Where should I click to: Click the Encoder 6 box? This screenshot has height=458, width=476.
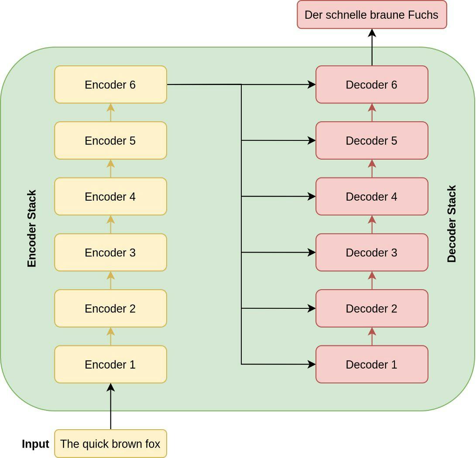[110, 85]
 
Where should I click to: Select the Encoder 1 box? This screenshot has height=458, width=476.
[110, 364]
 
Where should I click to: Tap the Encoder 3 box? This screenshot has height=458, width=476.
[110, 253]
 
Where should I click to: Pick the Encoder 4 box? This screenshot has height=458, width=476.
[110, 197]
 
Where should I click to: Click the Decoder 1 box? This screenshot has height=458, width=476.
[372, 364]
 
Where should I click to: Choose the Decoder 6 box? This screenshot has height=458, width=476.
[372, 85]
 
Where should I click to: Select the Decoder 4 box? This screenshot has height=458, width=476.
[372, 197]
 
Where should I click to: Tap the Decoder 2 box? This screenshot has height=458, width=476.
[372, 308]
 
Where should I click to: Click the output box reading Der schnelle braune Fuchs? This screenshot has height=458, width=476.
[372, 15]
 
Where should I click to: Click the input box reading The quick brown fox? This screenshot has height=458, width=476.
[110, 444]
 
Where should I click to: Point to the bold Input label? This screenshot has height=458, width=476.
[35, 444]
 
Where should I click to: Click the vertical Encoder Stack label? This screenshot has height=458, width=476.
[32, 229]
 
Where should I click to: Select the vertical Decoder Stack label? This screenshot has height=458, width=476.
[452, 224]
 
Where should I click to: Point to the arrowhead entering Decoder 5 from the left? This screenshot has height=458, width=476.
[312, 140]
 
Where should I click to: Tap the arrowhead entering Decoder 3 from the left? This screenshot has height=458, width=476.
[312, 253]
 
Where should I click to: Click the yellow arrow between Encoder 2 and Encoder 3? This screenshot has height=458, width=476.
[110, 280]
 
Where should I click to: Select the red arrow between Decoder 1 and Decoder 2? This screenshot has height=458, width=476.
[372, 336]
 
